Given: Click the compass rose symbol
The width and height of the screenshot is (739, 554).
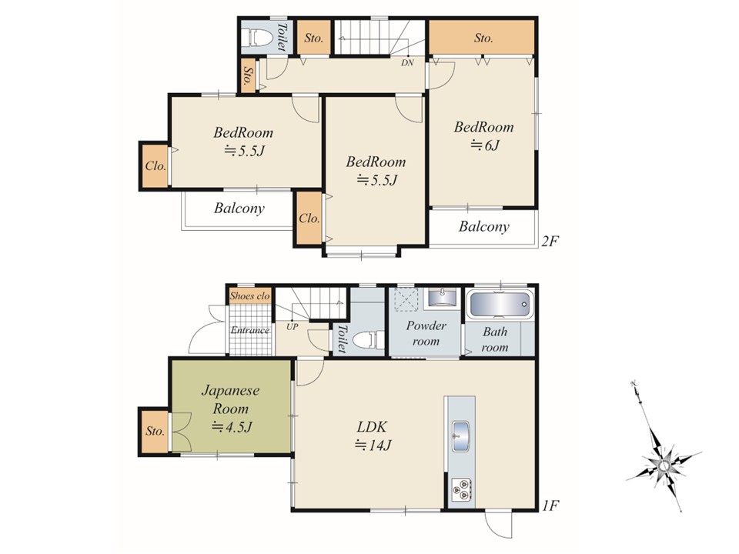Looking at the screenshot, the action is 663,466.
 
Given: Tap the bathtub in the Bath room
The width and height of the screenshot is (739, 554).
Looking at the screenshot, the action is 500,305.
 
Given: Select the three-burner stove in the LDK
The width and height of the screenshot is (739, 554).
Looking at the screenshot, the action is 460,489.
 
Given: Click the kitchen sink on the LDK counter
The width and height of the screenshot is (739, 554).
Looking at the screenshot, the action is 460,436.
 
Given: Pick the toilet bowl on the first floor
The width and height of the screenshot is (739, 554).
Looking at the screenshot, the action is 369,339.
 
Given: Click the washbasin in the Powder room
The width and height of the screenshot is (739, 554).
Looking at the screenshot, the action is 442,299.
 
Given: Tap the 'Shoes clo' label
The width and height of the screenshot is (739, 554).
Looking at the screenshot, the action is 249,295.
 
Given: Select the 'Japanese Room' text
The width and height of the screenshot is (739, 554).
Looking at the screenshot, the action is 230,399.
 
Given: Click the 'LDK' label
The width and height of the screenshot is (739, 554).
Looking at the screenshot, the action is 372,427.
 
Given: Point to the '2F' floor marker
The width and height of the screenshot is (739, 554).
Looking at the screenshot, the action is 550,241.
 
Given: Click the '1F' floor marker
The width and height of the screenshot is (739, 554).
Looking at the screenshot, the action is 550,506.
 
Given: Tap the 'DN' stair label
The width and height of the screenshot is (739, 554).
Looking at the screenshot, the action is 407,62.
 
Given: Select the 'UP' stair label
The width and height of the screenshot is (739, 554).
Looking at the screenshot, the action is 293,326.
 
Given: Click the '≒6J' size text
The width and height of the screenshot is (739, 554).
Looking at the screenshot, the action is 484,145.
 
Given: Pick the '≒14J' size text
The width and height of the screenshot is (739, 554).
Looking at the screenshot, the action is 373,445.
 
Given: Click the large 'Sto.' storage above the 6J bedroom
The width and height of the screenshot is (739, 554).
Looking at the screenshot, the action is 482,37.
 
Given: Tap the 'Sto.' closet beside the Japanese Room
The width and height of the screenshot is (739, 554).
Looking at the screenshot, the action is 155,431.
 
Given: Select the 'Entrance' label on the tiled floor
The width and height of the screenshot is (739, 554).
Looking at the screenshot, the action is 249,330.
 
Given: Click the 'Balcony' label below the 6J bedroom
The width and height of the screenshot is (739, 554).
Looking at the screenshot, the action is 484,226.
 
